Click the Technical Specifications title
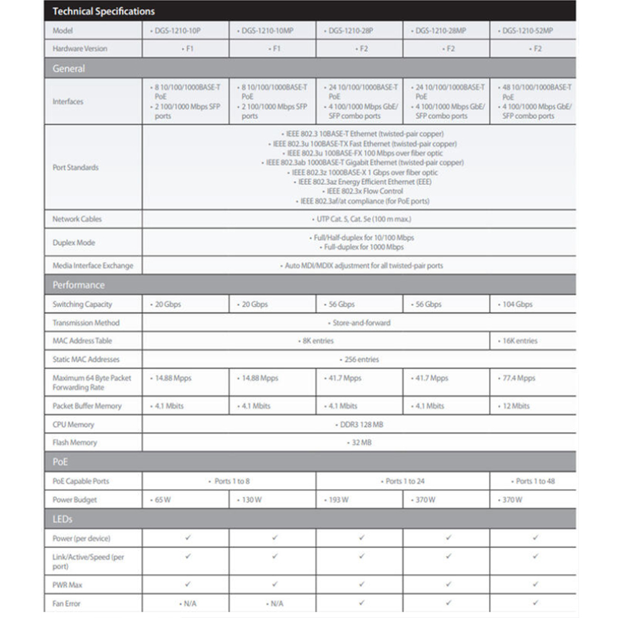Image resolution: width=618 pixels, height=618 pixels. coord(103,11)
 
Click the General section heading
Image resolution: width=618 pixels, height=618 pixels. coord(69,69)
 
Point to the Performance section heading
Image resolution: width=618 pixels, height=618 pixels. coord(78,285)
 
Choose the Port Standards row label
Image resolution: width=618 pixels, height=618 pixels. coord(75,167)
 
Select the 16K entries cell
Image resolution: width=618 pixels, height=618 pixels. coord(519,341)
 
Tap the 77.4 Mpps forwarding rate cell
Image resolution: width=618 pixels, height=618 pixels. coord(517,378)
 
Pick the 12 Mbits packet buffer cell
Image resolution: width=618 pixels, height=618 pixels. coord(515,406)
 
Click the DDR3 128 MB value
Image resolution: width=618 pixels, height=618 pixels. coord(358,425)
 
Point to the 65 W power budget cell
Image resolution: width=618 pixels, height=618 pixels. coord(161,500)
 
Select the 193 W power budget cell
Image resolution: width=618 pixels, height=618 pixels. coord(337,500)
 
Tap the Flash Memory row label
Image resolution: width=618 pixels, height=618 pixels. coord(75,442)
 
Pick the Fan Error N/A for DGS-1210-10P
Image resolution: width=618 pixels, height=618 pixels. coord(188,603)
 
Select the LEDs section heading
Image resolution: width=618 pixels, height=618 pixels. coord(62,519)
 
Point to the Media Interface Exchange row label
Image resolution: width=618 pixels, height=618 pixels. coord(93,266)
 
